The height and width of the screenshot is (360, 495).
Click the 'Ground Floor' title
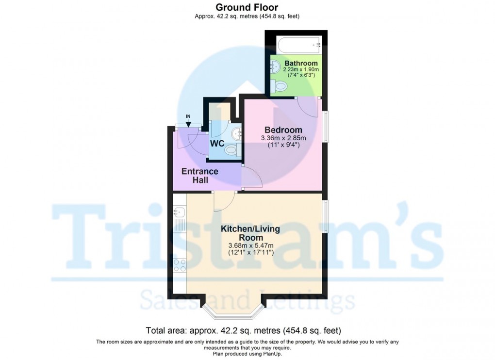(247, 7)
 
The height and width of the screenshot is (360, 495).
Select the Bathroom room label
(301, 63)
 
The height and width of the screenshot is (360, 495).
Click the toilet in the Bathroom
(280, 86)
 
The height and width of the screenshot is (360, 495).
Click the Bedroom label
(283, 130)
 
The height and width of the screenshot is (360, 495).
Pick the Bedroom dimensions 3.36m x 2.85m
(283, 138)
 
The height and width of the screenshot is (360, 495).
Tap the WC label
(216, 144)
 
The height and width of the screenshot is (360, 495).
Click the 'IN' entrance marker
(188, 116)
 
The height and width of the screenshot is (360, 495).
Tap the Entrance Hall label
(199, 176)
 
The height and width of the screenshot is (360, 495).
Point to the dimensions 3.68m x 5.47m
(251, 245)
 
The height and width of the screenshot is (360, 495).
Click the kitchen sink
(178, 212)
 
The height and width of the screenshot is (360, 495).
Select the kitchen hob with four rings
(179, 265)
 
